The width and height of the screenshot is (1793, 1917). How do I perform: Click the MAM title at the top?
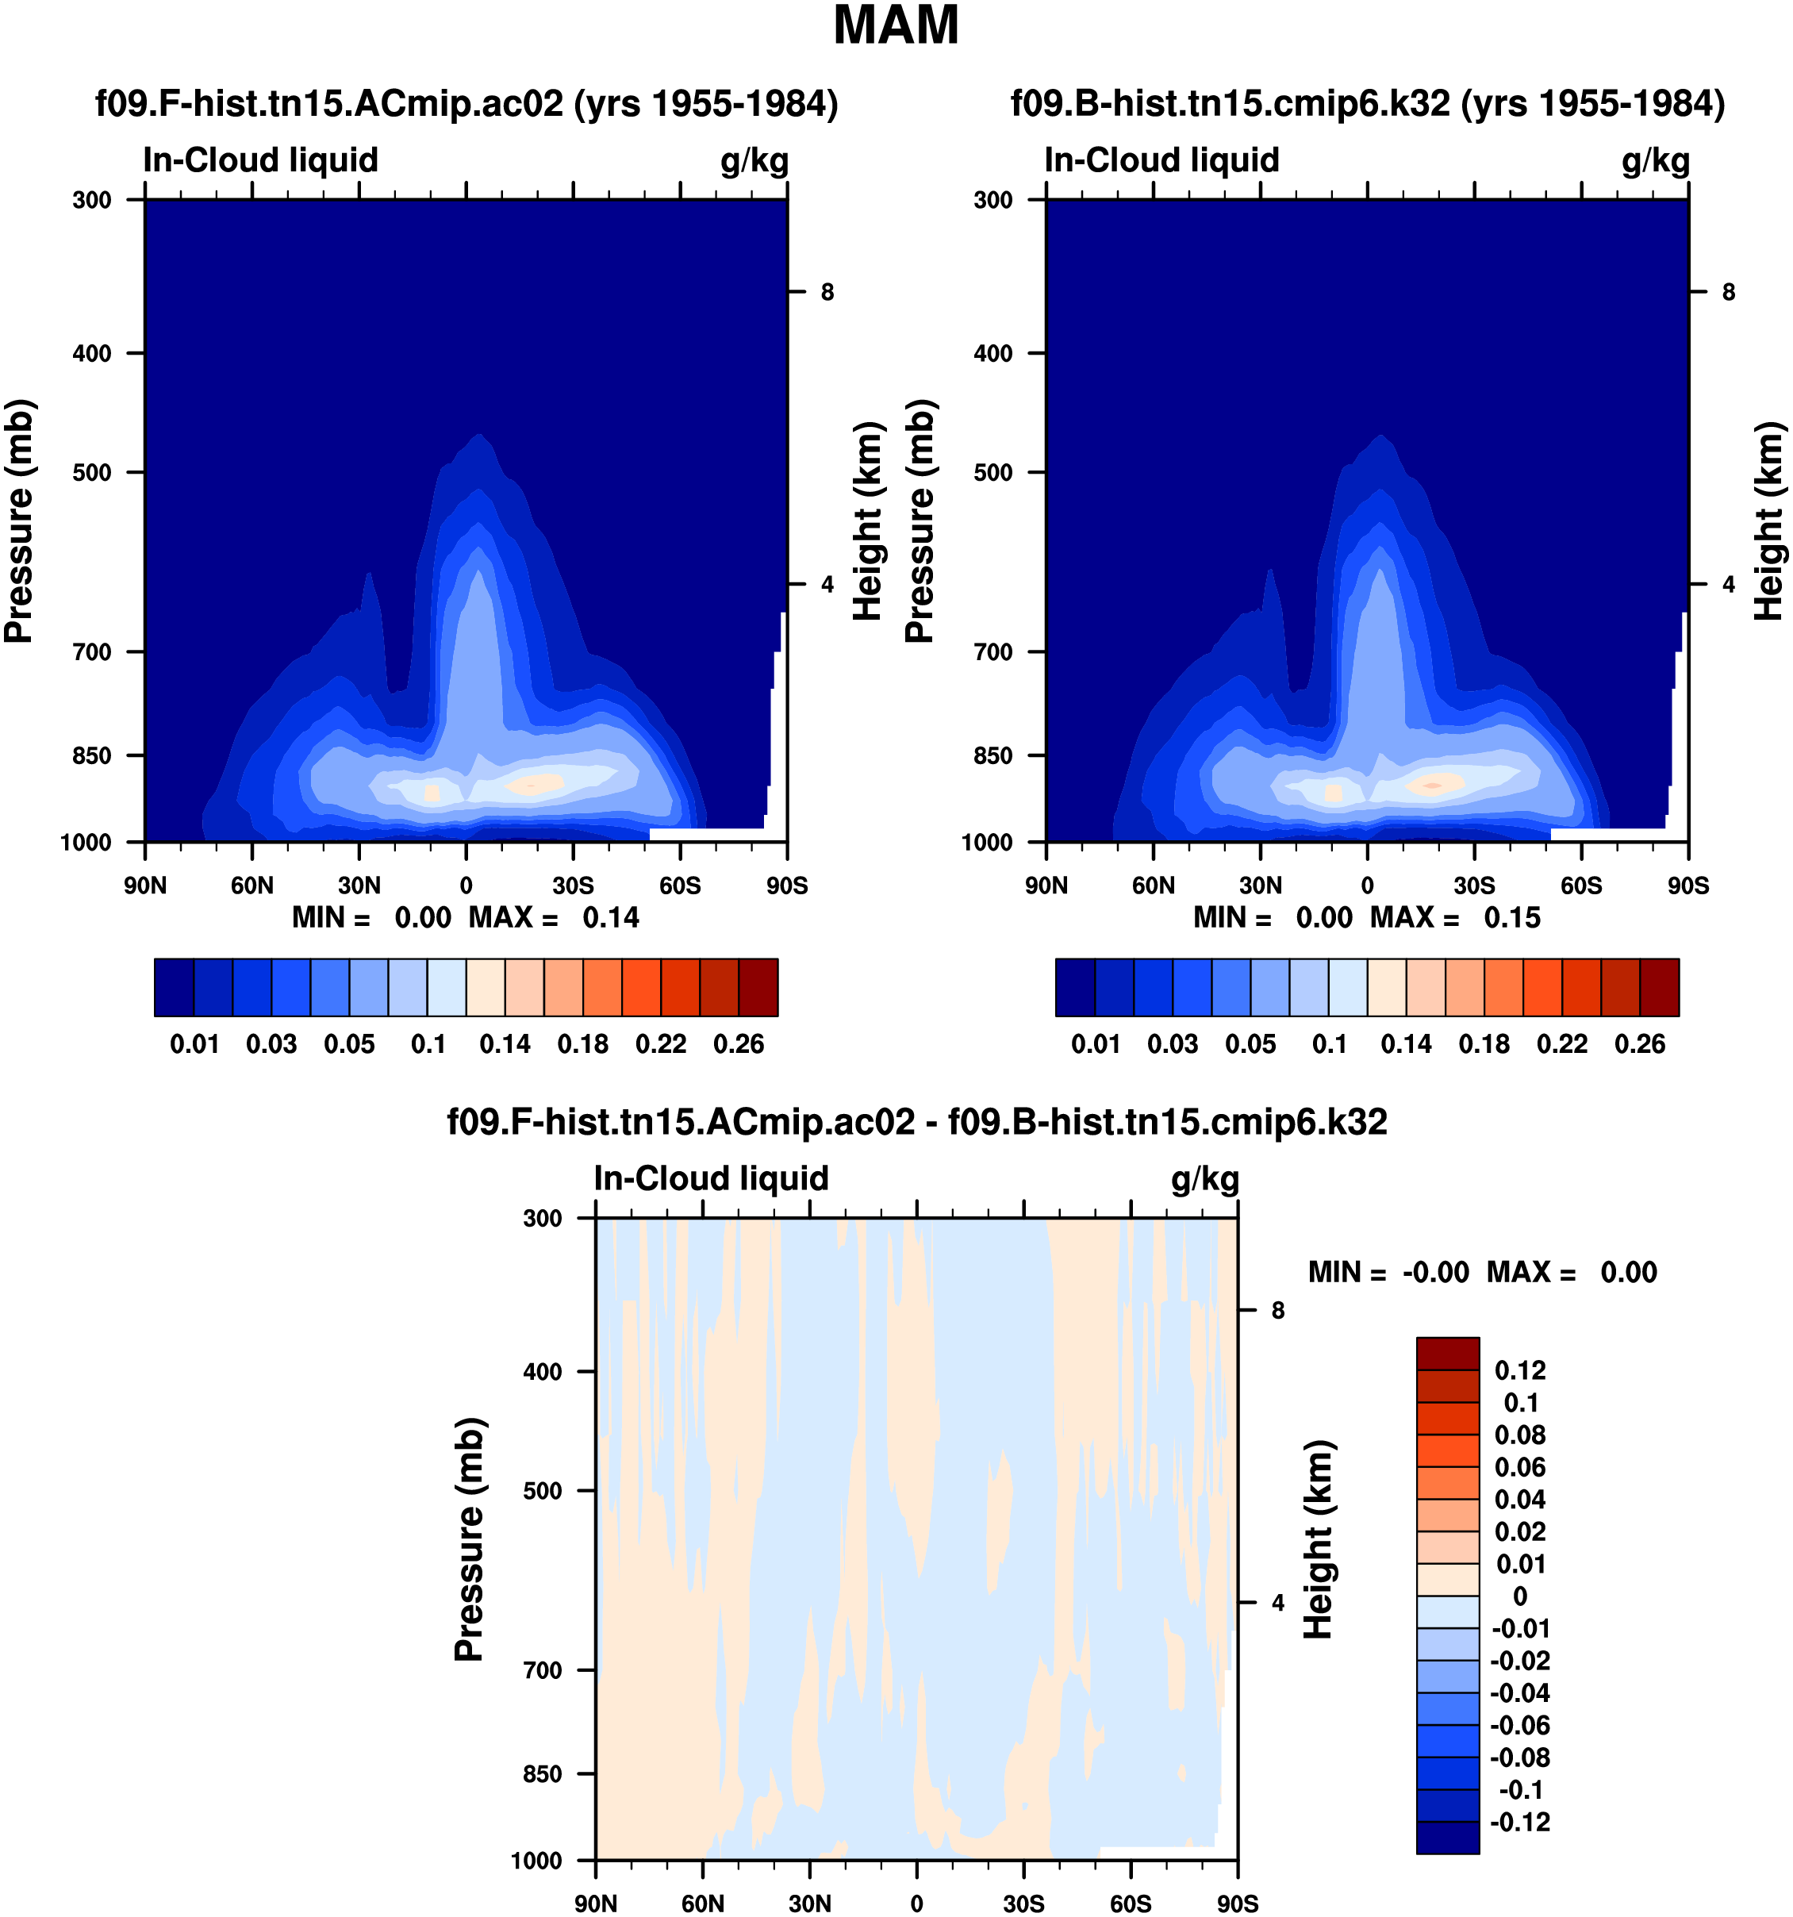[x=896, y=26]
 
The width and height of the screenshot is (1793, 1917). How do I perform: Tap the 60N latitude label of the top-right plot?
[x=1153, y=886]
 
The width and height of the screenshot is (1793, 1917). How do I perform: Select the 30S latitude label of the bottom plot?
[x=1023, y=1904]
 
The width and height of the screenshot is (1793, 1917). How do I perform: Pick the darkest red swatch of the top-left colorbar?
[x=758, y=987]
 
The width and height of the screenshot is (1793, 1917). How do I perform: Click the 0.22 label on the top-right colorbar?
[x=1561, y=1044]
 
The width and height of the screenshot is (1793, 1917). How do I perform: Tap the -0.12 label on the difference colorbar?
[x=1520, y=1822]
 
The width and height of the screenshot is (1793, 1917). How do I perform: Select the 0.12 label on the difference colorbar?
[x=1520, y=1370]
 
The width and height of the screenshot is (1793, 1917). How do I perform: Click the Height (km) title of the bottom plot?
[x=1318, y=1540]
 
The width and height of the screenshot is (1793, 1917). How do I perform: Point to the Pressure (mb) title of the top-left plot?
[x=19, y=521]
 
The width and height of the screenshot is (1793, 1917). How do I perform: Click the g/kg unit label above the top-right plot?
[x=1655, y=160]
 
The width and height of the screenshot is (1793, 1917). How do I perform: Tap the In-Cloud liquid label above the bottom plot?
[x=710, y=1178]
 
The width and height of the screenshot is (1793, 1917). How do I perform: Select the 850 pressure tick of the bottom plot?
[x=542, y=1774]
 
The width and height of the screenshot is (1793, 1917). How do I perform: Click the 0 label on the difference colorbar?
[x=1520, y=1596]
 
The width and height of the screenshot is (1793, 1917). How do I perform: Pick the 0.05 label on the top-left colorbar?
[x=349, y=1044]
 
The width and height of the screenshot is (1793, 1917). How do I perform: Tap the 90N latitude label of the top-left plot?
[x=144, y=886]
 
